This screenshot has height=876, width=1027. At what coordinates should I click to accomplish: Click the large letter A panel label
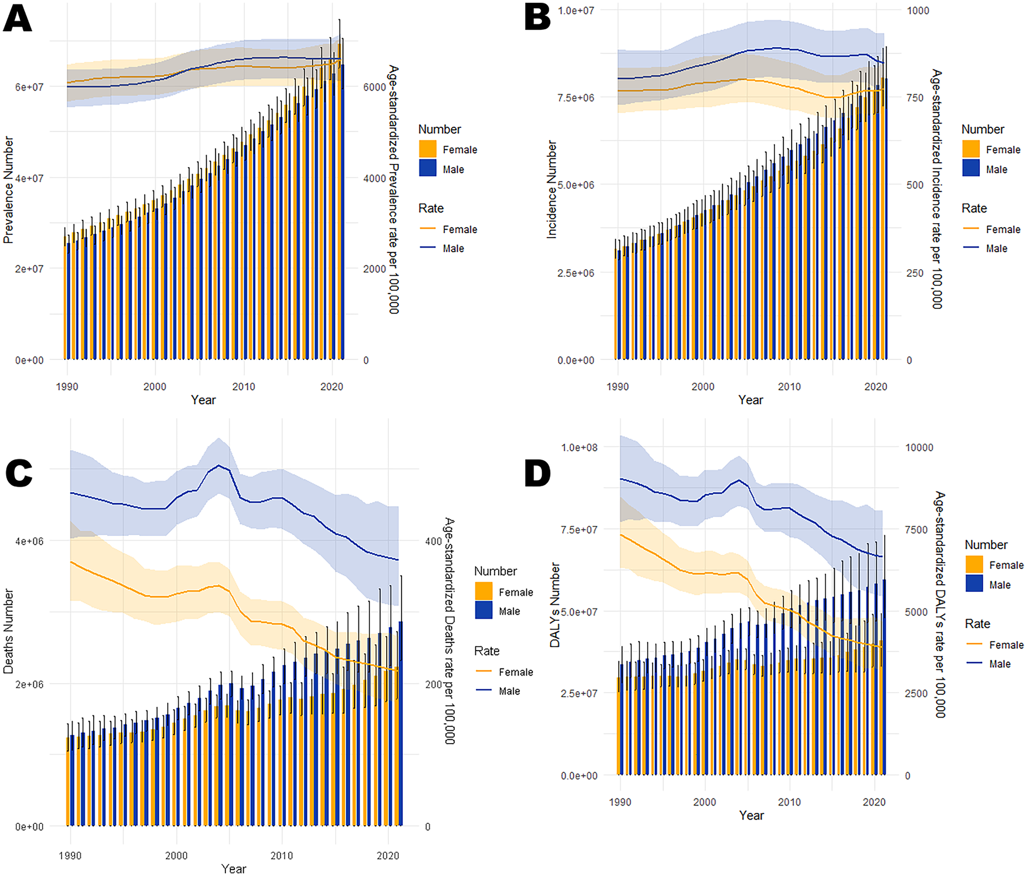tap(17, 19)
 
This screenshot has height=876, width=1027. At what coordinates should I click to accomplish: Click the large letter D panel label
tap(537, 474)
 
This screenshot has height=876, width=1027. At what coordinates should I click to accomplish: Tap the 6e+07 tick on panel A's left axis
tap(29, 87)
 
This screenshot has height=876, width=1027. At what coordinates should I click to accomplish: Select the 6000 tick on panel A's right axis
tap(374, 87)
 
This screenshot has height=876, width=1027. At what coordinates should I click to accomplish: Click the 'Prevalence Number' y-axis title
tap(8, 190)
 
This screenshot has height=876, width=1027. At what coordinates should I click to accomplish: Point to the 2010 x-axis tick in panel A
tap(243, 387)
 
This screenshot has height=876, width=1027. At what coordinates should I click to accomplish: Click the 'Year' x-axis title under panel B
tap(750, 400)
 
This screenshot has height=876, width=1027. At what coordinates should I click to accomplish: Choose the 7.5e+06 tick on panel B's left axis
tap(576, 97)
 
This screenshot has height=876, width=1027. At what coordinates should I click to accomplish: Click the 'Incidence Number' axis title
tap(552, 189)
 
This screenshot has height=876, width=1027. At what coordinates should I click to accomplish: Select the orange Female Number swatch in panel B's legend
tap(971, 150)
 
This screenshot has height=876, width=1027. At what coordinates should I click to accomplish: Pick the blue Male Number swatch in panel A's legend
tap(428, 169)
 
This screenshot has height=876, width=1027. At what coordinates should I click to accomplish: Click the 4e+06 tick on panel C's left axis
tap(29, 541)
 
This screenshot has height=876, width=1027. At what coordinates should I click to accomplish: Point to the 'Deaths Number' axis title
tap(8, 631)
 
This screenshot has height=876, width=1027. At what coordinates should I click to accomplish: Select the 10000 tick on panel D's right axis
tap(919, 447)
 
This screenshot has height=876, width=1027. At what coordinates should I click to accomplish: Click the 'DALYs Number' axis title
tap(555, 605)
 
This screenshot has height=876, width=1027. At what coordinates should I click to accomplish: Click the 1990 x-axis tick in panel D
tap(620, 802)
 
